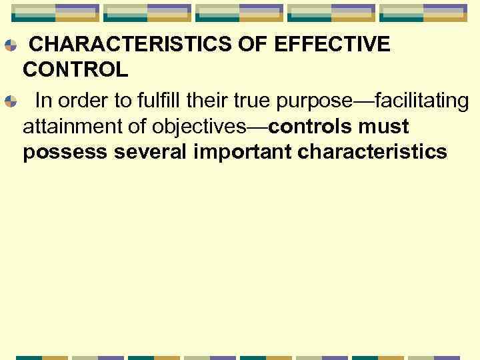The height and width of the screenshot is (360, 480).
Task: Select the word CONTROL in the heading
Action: [x=75, y=69]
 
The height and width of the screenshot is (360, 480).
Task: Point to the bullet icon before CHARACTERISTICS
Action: [x=10, y=46]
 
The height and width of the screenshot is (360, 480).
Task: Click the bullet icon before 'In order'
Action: [x=10, y=102]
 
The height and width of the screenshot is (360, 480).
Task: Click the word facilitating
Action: [x=421, y=101]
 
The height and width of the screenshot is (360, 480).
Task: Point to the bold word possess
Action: [x=65, y=152]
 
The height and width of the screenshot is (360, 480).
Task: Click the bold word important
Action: [x=243, y=152]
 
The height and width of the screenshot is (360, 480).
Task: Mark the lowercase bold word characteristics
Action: [x=373, y=152]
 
